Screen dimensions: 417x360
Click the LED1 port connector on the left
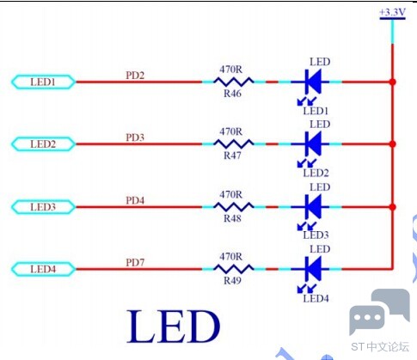click(43, 82)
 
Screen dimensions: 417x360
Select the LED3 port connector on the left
click(43, 207)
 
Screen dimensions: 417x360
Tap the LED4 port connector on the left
click(43, 269)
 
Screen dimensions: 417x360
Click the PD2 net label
click(135, 76)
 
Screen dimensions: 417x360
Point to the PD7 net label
click(135, 262)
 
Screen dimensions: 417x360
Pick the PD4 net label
click(135, 200)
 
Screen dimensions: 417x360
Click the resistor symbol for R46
click(234, 82)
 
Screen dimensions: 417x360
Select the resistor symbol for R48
click(234, 207)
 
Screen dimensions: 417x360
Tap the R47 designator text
click(232, 156)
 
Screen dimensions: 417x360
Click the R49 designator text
click(232, 280)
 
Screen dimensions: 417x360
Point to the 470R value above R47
click(231, 131)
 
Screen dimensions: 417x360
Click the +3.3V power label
click(392, 12)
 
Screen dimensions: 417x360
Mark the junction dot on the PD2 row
click(393, 82)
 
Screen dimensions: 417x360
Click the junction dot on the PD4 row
click(393, 207)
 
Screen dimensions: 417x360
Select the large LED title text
click(174, 326)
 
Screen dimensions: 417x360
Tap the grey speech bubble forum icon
click(380, 312)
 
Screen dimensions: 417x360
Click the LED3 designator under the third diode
click(316, 235)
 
